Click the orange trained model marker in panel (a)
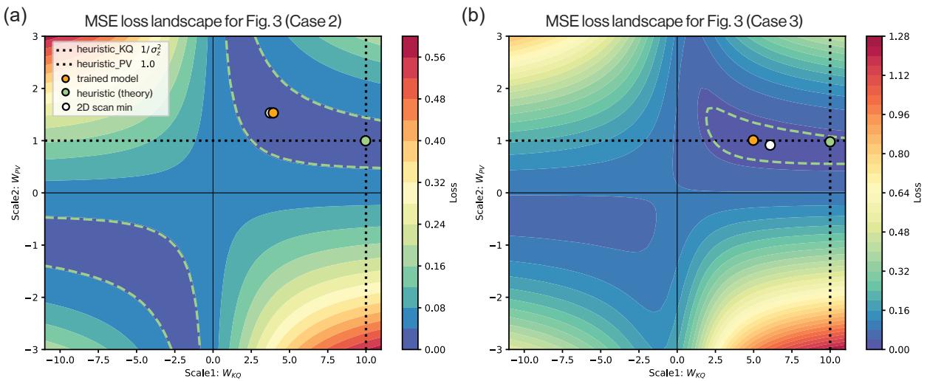pos(273,113)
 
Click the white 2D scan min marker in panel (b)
pos(770,145)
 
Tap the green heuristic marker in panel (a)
pos(365,141)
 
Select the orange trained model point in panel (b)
pos(753,140)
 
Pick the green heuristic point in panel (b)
pos(829,142)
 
